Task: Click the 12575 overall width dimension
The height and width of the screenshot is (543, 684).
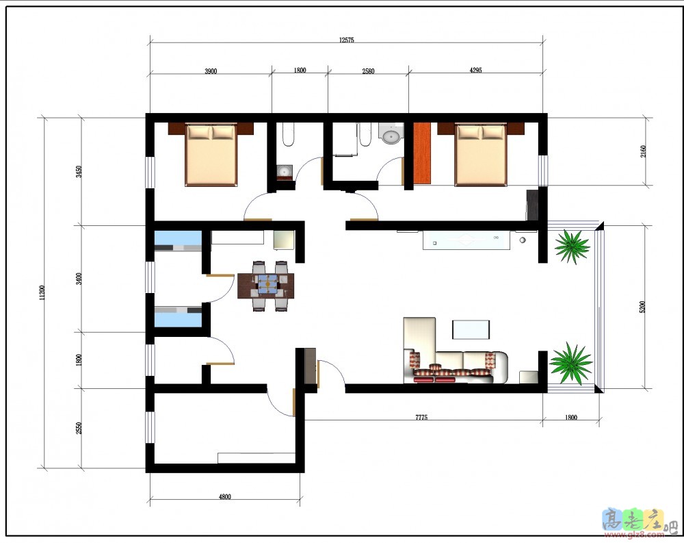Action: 346,40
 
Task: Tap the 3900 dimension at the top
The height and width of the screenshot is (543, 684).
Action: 211,71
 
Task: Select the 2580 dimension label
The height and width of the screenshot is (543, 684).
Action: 368,71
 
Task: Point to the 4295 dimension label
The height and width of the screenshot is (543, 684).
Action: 475,70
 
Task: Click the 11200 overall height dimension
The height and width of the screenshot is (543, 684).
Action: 42,292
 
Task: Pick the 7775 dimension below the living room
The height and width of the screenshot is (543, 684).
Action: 421,417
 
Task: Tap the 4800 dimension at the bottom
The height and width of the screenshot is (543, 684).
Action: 224,496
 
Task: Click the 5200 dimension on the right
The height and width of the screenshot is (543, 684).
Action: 642,307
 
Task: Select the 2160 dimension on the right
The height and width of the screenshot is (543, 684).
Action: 644,151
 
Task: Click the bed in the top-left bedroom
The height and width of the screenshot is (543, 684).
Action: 211,155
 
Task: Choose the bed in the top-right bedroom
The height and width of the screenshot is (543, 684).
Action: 481,155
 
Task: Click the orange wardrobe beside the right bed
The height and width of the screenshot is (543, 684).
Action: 422,153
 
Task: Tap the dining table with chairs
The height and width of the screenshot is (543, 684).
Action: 265,286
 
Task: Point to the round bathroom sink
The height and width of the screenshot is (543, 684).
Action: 391,136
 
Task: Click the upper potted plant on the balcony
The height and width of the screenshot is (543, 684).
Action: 573,247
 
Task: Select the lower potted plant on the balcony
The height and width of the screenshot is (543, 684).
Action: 570,364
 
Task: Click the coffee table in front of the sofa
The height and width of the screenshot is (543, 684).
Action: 471,329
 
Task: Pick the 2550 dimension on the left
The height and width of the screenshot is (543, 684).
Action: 79,428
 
